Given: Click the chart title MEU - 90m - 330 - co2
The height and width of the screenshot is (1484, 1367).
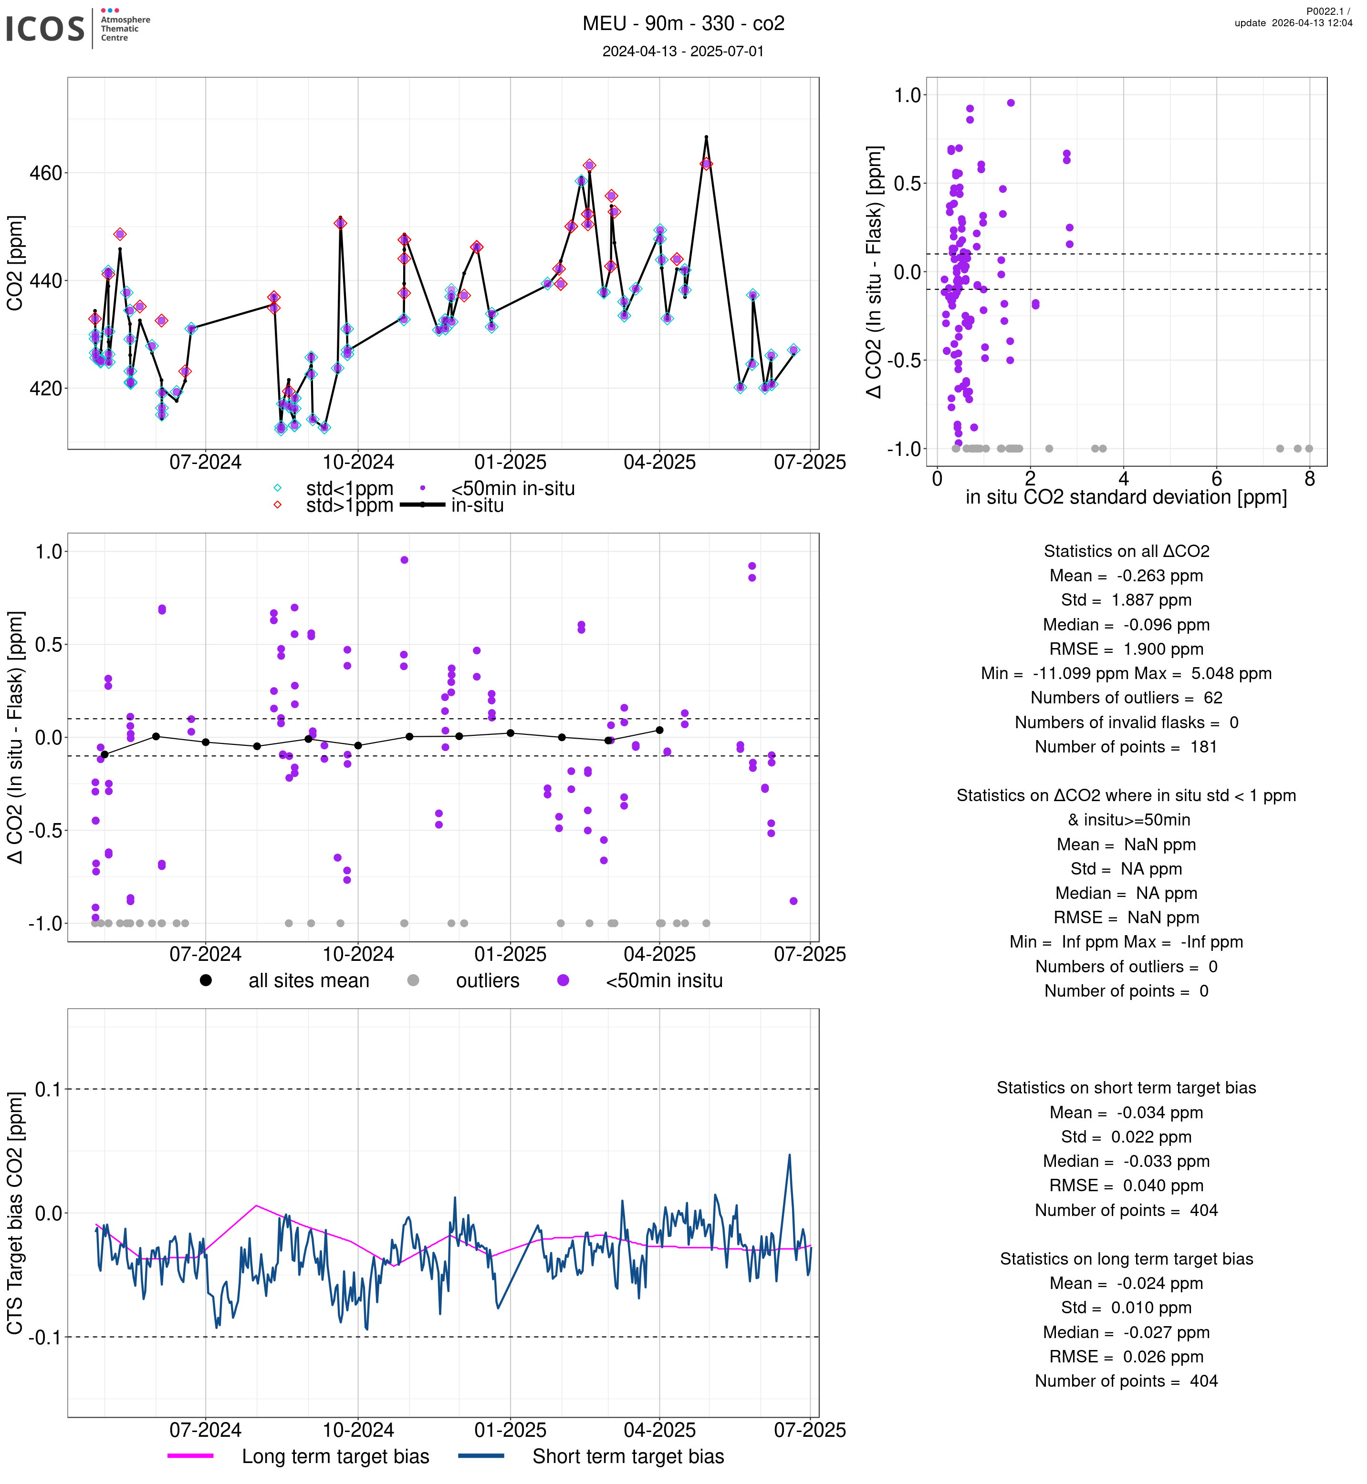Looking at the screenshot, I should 683,24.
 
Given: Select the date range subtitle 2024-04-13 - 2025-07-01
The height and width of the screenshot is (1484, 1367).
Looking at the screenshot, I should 683,51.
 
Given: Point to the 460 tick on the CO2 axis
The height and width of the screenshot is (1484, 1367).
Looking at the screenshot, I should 46,174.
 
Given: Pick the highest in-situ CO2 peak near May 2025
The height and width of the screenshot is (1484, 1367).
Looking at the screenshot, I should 707,137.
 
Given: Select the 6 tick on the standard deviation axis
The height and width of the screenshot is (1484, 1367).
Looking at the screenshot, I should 1217,479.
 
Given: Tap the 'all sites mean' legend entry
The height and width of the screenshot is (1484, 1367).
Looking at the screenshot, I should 308,981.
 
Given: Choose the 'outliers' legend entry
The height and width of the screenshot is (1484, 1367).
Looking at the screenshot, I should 488,981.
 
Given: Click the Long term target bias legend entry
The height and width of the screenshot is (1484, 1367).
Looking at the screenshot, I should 335,1457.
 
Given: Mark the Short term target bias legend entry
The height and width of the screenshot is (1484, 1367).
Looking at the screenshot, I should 628,1457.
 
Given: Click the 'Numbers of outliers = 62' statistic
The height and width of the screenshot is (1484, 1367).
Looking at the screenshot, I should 1126,698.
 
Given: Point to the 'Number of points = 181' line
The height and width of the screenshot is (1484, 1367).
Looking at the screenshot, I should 1126,747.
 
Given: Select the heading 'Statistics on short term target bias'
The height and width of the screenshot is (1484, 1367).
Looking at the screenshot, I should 1126,1088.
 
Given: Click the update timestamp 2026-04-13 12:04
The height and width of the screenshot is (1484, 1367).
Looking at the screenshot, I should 1293,23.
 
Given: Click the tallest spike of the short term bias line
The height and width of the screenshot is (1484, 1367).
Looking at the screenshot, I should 789,1155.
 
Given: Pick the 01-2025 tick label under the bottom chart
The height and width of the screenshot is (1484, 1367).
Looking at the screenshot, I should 511,1430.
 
